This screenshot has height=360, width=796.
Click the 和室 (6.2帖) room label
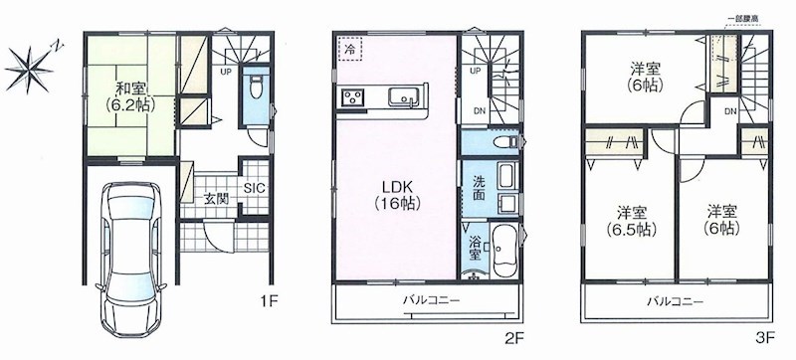[x=125, y=92]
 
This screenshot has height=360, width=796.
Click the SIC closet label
[x=253, y=186]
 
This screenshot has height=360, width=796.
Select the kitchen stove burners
[x=355, y=97]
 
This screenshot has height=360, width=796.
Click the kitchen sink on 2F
[x=406, y=97]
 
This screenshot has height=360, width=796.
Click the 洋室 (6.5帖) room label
[x=627, y=221]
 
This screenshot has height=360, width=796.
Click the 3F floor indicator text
[x=763, y=338]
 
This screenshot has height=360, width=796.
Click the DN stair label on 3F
[x=731, y=111]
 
